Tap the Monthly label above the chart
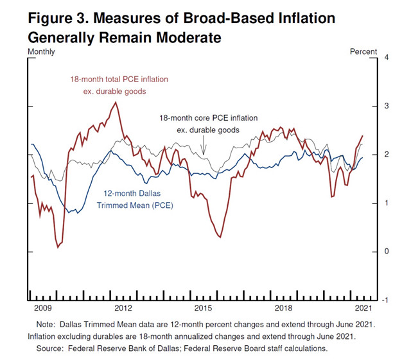click(41, 51)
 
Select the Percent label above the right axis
click(363, 51)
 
